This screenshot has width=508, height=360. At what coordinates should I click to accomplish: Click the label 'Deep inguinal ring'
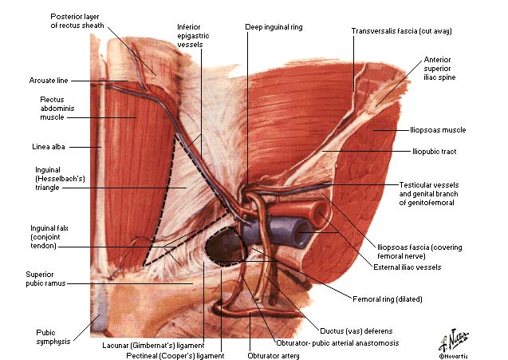tap(274, 27)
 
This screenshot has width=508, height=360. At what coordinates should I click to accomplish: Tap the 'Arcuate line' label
tap(49, 81)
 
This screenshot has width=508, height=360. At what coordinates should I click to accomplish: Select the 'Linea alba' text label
tap(49, 147)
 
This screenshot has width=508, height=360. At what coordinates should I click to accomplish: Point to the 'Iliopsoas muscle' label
tap(438, 130)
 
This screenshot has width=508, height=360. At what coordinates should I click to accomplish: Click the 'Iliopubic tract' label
tap(434, 152)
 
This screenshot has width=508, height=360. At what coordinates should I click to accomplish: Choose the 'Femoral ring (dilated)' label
tap(387, 299)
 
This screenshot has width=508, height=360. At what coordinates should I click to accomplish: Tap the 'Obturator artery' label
tap(274, 356)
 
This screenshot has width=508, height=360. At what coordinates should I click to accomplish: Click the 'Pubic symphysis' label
tap(53, 337)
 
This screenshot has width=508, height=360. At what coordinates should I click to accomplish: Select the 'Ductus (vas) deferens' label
tap(356, 331)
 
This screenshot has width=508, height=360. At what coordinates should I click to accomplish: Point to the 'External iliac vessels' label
tap(408, 267)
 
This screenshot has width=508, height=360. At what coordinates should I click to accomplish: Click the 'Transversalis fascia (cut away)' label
tap(401, 31)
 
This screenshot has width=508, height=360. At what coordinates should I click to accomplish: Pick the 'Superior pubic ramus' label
tap(45, 279)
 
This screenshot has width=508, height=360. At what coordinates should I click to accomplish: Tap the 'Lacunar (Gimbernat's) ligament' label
tap(153, 346)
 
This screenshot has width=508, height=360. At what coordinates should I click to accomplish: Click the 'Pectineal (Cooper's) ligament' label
tap(175, 356)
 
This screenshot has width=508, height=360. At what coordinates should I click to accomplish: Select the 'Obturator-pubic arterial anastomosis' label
tap(337, 342)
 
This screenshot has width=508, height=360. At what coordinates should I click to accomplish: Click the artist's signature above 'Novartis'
tap(454, 340)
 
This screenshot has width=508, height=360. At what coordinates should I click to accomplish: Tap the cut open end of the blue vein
tap(301, 234)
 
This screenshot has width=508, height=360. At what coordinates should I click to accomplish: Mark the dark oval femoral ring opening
tap(226, 246)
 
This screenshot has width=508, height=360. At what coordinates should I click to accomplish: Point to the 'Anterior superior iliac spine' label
tap(439, 69)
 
